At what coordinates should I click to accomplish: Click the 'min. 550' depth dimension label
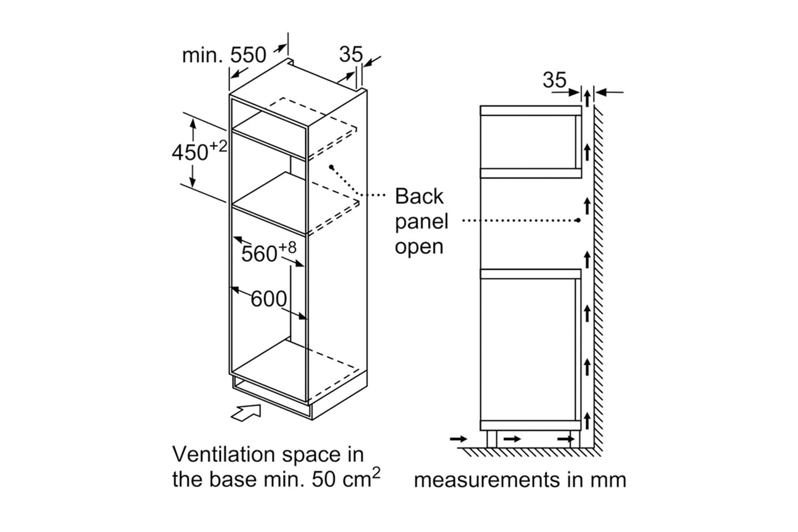click(223, 55)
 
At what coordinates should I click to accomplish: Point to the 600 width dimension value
click(269, 299)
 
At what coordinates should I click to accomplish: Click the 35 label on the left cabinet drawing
click(351, 54)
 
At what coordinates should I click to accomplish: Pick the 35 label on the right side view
click(554, 80)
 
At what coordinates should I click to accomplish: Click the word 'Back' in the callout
click(419, 196)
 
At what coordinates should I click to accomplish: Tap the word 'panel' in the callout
click(422, 221)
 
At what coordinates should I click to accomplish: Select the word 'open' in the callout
click(419, 247)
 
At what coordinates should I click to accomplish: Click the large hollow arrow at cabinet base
click(247, 412)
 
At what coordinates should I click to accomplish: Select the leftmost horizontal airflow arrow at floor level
click(458, 439)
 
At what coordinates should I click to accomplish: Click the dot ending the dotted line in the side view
click(578, 220)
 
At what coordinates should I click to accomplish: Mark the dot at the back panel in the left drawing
click(331, 167)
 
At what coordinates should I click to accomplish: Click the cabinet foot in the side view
click(492, 439)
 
